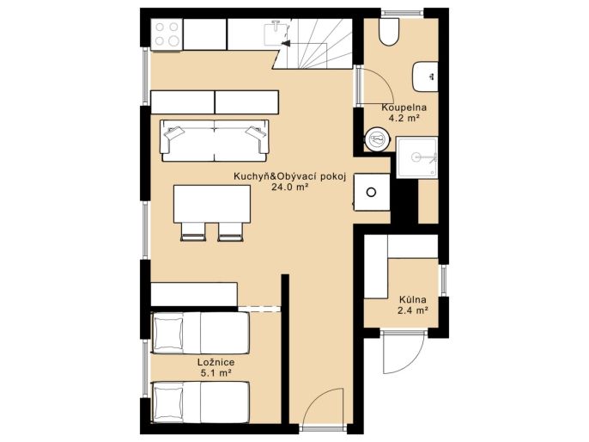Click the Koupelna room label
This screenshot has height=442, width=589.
coord(404,107)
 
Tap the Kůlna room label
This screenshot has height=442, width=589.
coord(412,300)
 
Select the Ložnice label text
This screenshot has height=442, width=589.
coord(216,362)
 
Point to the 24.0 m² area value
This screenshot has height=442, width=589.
coord(290,187)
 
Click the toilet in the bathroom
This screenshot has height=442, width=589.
coord(389,32)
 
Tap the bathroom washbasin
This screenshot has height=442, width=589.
coord(425,77)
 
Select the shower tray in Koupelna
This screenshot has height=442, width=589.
coord(417,157)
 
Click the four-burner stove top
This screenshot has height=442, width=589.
coord(167,34)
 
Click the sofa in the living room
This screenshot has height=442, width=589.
coord(215,141)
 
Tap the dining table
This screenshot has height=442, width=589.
coord(212,204)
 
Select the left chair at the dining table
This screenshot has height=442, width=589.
coord(193,231)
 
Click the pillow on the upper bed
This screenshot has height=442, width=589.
coord(167,333)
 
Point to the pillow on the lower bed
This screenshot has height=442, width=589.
coord(167,402)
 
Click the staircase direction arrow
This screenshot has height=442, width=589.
coord(285,43)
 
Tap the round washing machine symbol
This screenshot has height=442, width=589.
coord(376,139)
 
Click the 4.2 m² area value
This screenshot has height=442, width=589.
coord(404,118)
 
